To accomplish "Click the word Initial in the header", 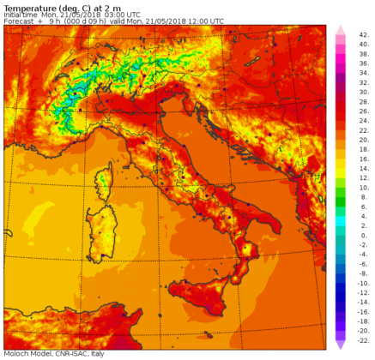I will coord(15,15).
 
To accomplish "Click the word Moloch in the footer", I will coord(16,354).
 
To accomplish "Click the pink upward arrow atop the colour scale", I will coord(340,30).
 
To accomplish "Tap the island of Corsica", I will coord(106,181).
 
